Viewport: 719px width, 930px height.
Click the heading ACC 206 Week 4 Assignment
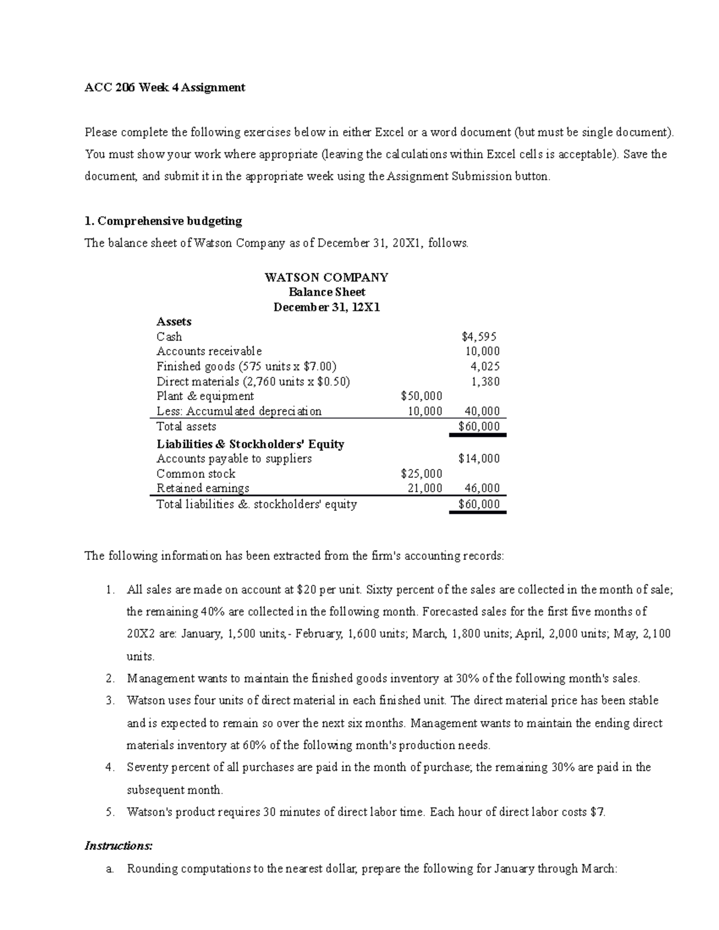point(165,87)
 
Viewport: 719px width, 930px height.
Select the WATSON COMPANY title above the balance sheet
point(327,277)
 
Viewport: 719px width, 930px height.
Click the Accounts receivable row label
point(209,352)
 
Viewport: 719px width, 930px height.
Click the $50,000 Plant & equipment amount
point(421,396)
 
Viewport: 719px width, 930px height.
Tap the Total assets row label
point(186,426)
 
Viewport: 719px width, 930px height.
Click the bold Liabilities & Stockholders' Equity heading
point(250,444)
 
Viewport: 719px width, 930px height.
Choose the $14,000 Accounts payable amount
point(479,459)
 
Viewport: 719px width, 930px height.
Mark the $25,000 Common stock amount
point(421,474)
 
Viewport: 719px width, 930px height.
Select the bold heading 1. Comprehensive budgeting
point(164,221)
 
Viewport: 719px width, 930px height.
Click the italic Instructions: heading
point(119,846)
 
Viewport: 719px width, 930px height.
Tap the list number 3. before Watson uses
point(110,701)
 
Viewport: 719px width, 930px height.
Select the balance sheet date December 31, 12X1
point(327,307)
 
